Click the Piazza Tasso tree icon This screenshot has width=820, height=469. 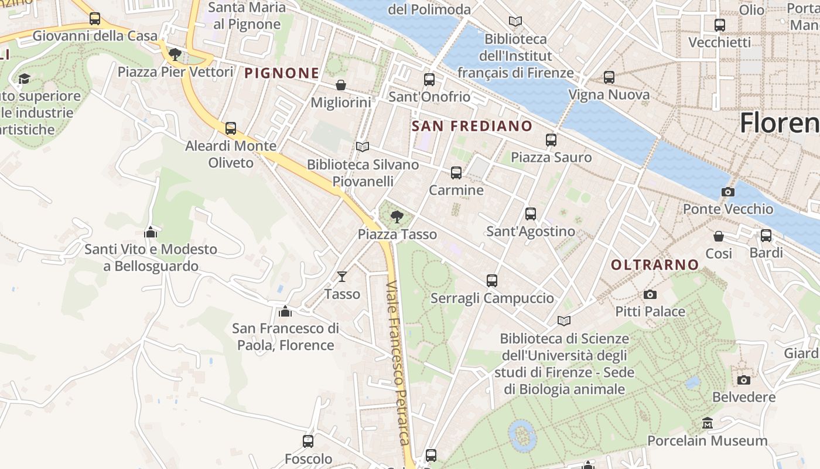(397, 216)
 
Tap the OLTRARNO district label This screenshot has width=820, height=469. (655, 265)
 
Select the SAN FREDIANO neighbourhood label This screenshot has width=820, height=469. (471, 126)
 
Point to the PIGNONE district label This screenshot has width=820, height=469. (282, 73)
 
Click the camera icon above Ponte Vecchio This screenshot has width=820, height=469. (727, 192)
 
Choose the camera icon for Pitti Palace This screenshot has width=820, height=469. (650, 294)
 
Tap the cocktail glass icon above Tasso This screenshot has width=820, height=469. (342, 276)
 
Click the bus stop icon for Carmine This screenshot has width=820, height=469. (456, 173)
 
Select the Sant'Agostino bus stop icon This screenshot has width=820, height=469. (531, 214)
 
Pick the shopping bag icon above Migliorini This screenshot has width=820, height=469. (341, 85)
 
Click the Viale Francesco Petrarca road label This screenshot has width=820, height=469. (398, 363)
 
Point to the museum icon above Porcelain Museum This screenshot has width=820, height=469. (708, 423)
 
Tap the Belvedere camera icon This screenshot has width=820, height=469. (744, 380)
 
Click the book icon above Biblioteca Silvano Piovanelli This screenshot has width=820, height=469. (363, 147)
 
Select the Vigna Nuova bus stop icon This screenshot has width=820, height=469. (609, 77)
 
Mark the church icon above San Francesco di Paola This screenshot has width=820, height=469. (285, 311)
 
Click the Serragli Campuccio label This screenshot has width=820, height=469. (492, 298)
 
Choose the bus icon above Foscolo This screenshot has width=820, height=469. (308, 441)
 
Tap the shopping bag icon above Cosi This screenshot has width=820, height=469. (719, 236)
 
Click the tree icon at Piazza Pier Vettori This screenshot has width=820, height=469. (174, 55)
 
